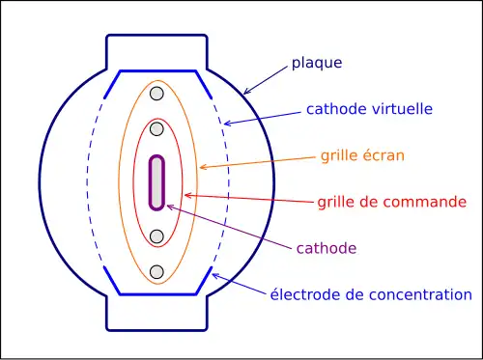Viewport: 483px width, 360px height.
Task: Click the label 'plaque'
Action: pyautogui.click(x=317, y=65)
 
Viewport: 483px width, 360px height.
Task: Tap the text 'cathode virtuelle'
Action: pyautogui.click(x=368, y=109)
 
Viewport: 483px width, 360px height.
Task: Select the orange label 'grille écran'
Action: pyautogui.click(x=362, y=155)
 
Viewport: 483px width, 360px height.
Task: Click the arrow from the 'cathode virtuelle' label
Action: pyautogui.click(x=261, y=116)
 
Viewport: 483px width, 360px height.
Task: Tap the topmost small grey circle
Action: pyautogui.click(x=156, y=94)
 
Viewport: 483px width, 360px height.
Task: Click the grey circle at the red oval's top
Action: pyautogui.click(x=156, y=129)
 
